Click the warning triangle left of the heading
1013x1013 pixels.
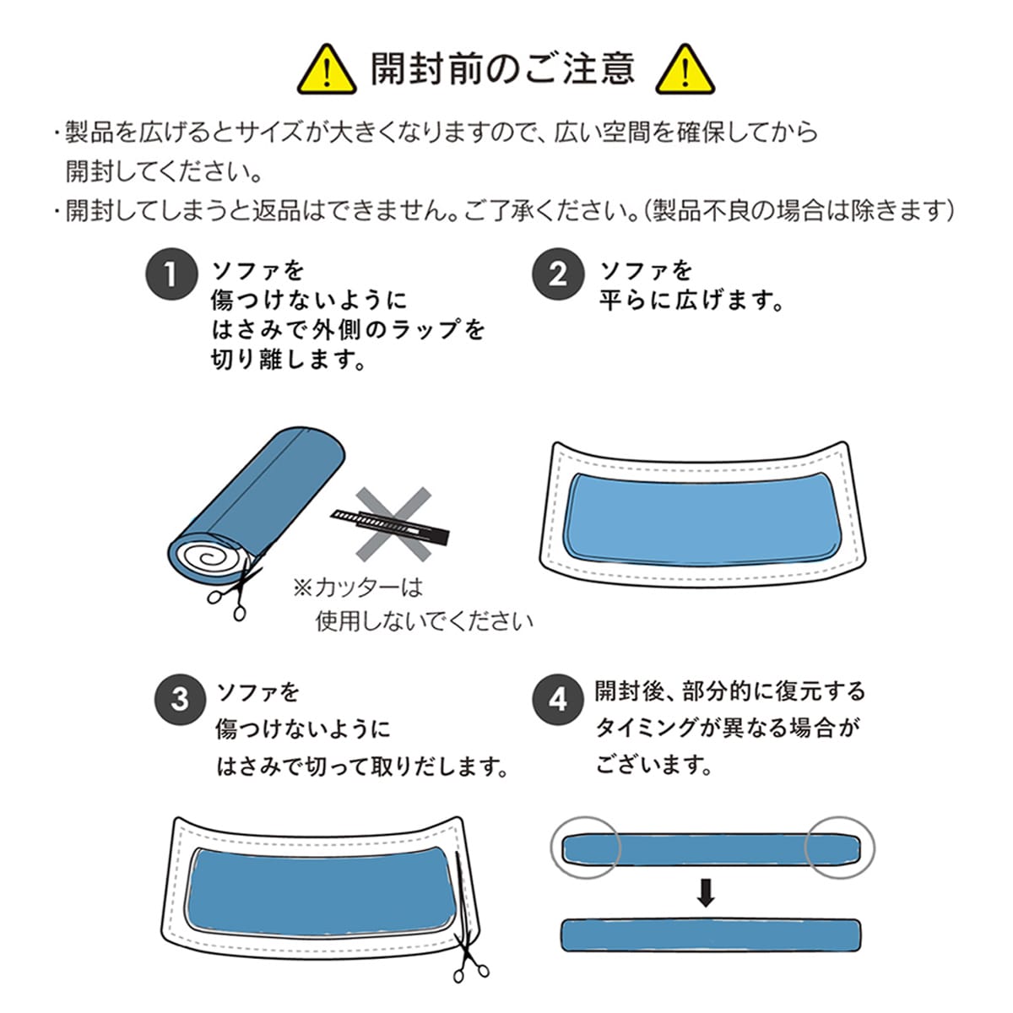(x=327, y=71)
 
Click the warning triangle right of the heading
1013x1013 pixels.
(x=685, y=71)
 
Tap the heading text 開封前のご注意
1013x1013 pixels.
(x=503, y=69)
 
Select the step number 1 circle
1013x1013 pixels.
(x=171, y=274)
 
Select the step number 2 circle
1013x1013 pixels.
(x=558, y=274)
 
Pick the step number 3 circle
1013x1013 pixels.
(x=180, y=700)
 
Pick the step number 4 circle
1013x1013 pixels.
(x=558, y=700)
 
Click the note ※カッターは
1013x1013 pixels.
(x=358, y=588)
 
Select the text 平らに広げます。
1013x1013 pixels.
(x=692, y=301)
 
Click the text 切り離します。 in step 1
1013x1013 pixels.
(x=289, y=360)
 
